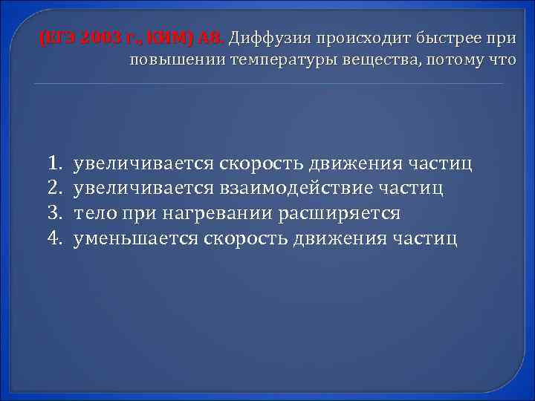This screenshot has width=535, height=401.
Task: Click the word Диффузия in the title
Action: point(273,38)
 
